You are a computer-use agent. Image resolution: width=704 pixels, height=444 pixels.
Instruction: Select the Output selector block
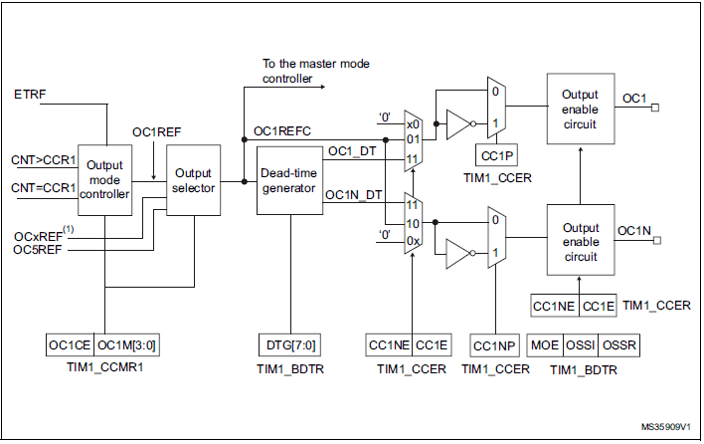point(192,180)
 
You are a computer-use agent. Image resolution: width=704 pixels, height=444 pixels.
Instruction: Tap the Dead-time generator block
point(289,180)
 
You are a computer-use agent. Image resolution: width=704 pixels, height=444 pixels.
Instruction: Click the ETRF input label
point(30,95)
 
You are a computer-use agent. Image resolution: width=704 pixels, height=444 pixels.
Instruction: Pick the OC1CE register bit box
point(70,344)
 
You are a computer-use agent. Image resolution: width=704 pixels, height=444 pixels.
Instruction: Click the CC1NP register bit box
point(494,344)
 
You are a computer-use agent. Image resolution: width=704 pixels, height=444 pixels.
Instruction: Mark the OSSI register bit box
point(581,344)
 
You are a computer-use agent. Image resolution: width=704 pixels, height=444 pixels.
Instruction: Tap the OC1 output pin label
point(633,99)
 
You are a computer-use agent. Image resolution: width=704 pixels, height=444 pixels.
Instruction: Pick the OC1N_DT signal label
point(353,195)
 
